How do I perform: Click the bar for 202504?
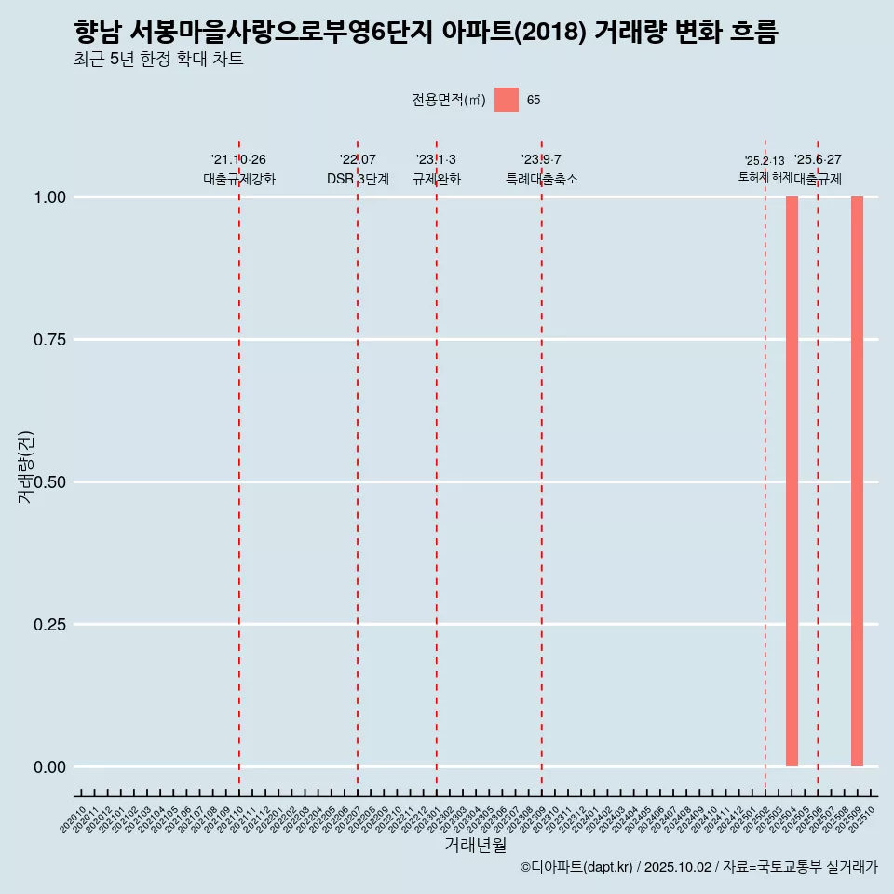(792, 481)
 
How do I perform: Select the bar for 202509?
(857, 481)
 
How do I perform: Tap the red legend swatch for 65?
(506, 100)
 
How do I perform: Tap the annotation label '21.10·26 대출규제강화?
(239, 169)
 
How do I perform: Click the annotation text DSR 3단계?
(358, 179)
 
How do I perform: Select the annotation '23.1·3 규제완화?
(436, 169)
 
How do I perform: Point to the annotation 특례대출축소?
(541, 179)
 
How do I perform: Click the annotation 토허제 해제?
(765, 176)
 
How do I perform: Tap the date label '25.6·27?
(818, 159)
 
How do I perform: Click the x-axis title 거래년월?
(475, 845)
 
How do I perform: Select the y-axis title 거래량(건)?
(26, 466)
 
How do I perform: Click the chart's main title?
(426, 32)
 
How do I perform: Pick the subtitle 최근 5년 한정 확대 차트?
(158, 60)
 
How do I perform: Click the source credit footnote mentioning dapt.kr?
(698, 867)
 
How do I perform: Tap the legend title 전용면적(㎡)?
(449, 100)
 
